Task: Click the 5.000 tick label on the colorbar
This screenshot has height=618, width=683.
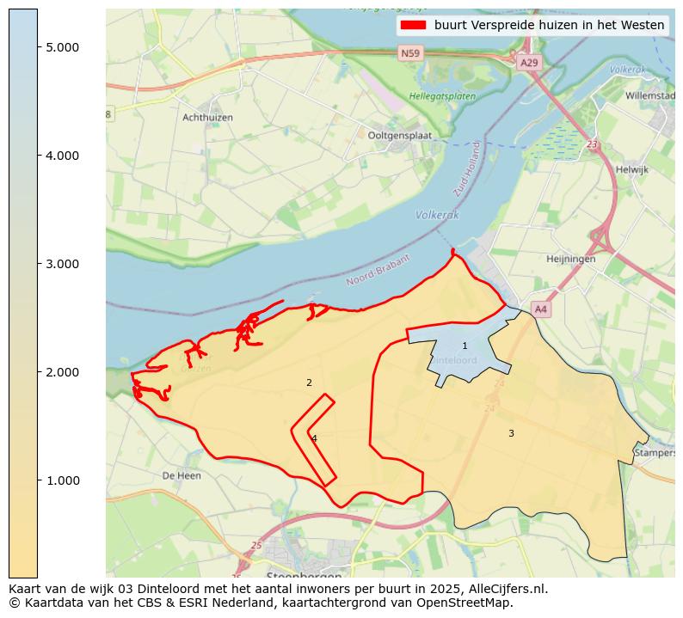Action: pyautogui.click(x=63, y=47)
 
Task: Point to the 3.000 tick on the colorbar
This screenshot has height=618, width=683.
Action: pyautogui.click(x=63, y=264)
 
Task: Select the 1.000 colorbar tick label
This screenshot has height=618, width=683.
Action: pyautogui.click(x=63, y=480)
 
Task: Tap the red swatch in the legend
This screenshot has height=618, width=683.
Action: pyautogui.click(x=413, y=25)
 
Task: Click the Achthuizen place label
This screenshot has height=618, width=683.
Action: pyautogui.click(x=207, y=118)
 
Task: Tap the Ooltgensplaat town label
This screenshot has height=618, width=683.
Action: pyautogui.click(x=399, y=136)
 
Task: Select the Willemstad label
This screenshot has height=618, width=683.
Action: pyautogui.click(x=649, y=96)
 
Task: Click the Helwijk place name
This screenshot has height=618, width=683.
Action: pyautogui.click(x=631, y=170)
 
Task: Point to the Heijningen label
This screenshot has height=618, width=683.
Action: pyautogui.click(x=570, y=259)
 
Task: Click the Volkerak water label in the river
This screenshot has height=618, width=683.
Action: pyautogui.click(x=437, y=215)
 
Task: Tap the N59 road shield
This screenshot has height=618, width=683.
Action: pyautogui.click(x=411, y=54)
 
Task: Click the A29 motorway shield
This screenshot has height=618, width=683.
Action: pyautogui.click(x=529, y=63)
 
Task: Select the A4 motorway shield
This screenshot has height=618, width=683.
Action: pyautogui.click(x=540, y=309)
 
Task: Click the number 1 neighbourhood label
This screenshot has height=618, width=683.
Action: pyautogui.click(x=465, y=346)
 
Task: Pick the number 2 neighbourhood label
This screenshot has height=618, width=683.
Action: pyautogui.click(x=309, y=383)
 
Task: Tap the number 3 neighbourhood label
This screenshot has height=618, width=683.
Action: pyautogui.click(x=511, y=434)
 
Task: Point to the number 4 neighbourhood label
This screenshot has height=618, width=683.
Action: pyautogui.click(x=314, y=439)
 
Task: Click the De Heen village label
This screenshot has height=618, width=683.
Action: pyautogui.click(x=181, y=475)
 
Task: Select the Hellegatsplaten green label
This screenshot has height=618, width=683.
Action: pyautogui.click(x=442, y=97)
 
